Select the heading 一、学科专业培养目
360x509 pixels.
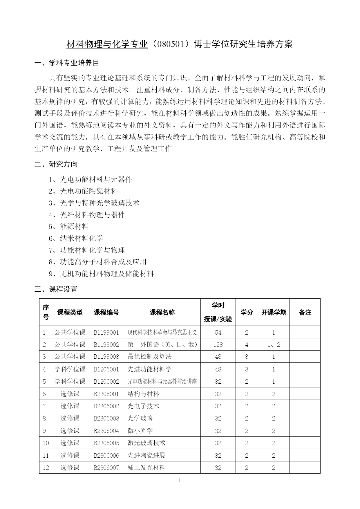pyautogui.click(x=67, y=63)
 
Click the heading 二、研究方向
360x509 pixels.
pyautogui.click(x=56, y=164)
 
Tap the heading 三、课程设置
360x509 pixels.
pyautogui.click(x=56, y=289)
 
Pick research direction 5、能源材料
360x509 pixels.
pyautogui.click(x=69, y=226)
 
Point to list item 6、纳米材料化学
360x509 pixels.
pyautogui.click(x=76, y=238)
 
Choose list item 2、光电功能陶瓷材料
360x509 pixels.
pyautogui.click(x=83, y=191)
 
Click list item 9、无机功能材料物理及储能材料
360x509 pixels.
pyautogui.click(x=101, y=274)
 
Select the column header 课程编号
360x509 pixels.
pyautogui.click(x=106, y=312)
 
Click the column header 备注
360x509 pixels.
pyautogui.click(x=305, y=312)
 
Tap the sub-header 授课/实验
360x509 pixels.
pyautogui.click(x=218, y=319)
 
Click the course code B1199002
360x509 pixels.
pyautogui.click(x=106, y=344)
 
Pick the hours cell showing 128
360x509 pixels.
pyautogui.click(x=218, y=344)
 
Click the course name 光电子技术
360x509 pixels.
pyautogui.click(x=143, y=406)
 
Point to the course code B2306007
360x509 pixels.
pyautogui.click(x=106, y=468)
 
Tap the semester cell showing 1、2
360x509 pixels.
pyautogui.click(x=274, y=344)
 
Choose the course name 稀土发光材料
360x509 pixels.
pyautogui.click(x=146, y=468)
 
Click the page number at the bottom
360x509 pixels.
pyautogui.click(x=180, y=481)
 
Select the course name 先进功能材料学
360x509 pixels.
pyautogui.click(x=149, y=369)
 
